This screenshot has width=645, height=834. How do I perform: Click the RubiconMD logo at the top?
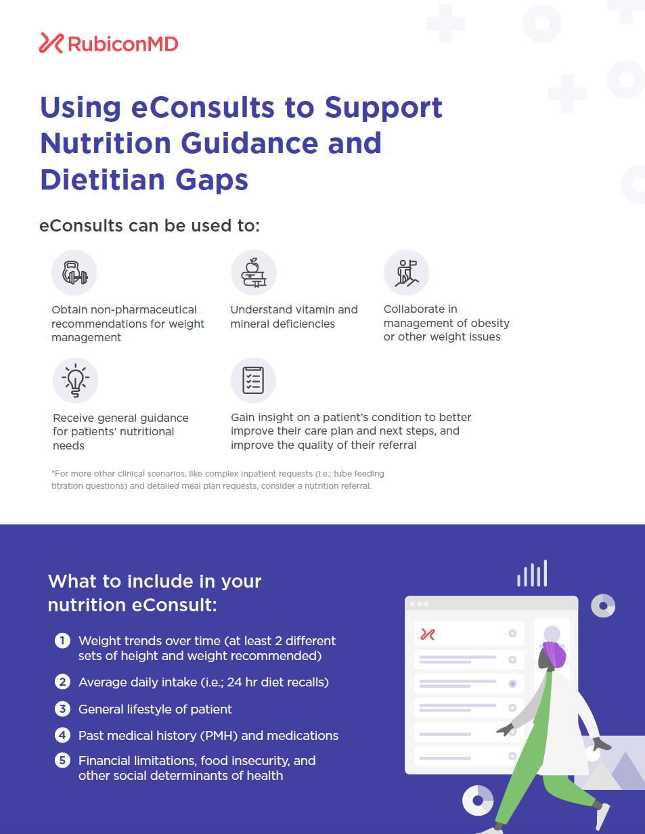pyautogui.click(x=108, y=43)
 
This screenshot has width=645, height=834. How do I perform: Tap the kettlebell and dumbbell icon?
pyautogui.click(x=74, y=273)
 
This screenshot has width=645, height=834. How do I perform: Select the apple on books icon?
pyautogui.click(x=254, y=273)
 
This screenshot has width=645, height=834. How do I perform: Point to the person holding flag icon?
pyautogui.click(x=406, y=273)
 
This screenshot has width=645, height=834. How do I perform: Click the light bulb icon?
pyautogui.click(x=76, y=380)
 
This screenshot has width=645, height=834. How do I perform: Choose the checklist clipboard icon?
pyautogui.click(x=253, y=380)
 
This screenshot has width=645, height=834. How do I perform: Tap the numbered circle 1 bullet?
pyautogui.click(x=62, y=640)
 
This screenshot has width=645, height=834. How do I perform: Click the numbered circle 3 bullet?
pyautogui.click(x=62, y=709)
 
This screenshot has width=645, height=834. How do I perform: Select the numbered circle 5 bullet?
pyautogui.click(x=62, y=760)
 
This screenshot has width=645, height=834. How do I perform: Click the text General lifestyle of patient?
pyautogui.click(x=155, y=709)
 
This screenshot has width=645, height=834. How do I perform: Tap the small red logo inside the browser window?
pyautogui.click(x=428, y=634)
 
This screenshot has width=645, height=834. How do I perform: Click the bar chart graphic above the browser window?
pyautogui.click(x=532, y=573)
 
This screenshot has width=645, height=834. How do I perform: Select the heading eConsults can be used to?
pyautogui.click(x=150, y=225)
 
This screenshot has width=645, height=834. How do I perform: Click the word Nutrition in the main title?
pyautogui.click(x=106, y=143)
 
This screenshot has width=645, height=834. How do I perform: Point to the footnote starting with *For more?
pyautogui.click(x=217, y=479)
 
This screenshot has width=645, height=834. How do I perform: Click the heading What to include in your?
pyautogui.click(x=154, y=581)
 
